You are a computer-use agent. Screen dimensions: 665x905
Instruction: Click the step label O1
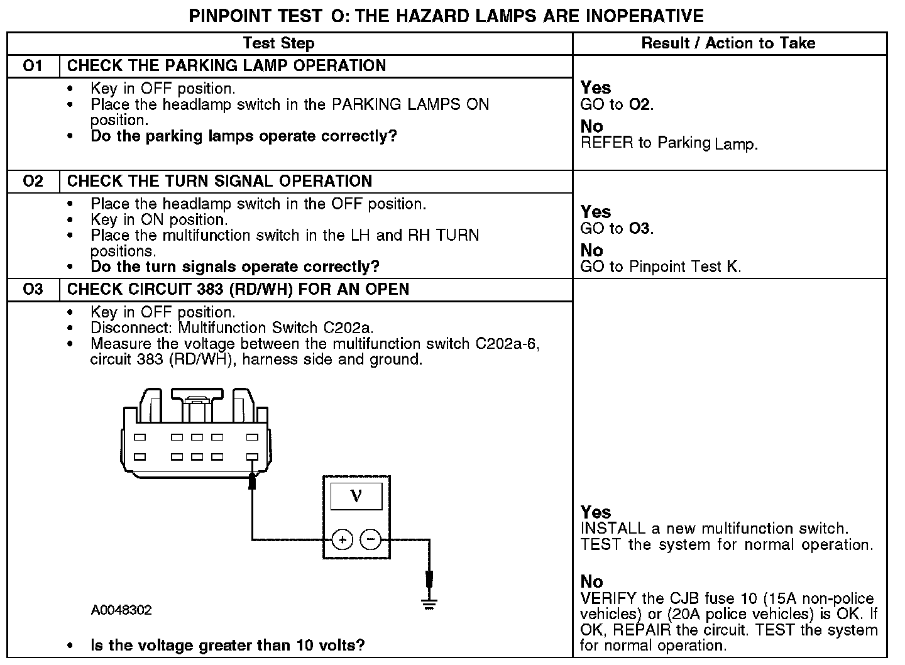click(33, 66)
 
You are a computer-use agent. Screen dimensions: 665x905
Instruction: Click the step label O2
click(33, 182)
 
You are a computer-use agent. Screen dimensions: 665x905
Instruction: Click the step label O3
click(33, 290)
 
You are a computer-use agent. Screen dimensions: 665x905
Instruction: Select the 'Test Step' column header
click(278, 43)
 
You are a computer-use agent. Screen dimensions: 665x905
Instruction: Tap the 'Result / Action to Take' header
click(728, 43)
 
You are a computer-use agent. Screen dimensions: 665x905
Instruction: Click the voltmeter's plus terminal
click(342, 539)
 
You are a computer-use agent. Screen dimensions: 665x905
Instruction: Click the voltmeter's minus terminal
click(371, 539)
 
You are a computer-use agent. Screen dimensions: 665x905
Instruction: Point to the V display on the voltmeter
click(356, 496)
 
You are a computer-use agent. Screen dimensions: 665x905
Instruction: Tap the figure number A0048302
click(121, 610)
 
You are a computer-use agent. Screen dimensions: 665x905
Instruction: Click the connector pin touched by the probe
click(253, 457)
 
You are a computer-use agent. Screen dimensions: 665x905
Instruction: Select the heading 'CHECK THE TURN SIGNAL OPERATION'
click(219, 182)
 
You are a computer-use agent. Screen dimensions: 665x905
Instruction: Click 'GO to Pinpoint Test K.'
click(661, 267)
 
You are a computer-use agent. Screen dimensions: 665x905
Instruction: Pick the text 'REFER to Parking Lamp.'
click(669, 143)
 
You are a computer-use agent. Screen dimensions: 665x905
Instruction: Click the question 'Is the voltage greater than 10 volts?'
click(228, 645)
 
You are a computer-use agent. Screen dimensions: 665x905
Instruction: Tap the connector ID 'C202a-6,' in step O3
click(508, 344)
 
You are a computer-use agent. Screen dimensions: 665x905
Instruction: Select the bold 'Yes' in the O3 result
click(596, 512)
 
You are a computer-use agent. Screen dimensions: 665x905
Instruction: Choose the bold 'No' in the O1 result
click(591, 127)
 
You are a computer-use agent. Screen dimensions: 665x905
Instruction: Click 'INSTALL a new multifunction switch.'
click(714, 529)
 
